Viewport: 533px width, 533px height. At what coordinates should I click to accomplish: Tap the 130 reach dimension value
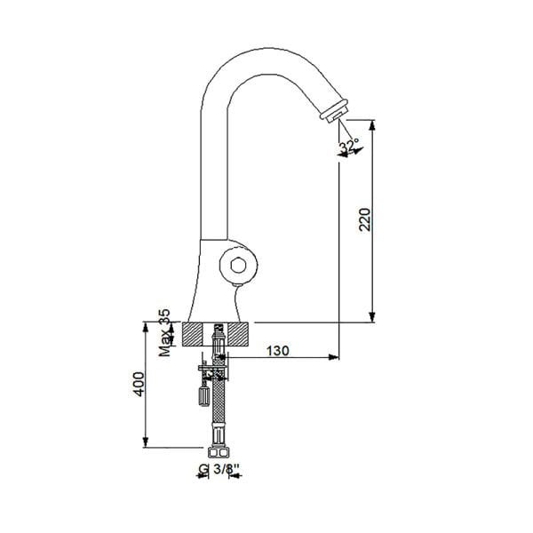(x=278, y=351)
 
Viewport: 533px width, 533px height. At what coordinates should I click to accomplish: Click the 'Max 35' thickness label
(x=163, y=333)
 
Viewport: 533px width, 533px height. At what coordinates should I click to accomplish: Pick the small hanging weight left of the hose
(x=203, y=390)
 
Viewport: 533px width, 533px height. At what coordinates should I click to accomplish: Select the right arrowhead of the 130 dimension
(x=334, y=358)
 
